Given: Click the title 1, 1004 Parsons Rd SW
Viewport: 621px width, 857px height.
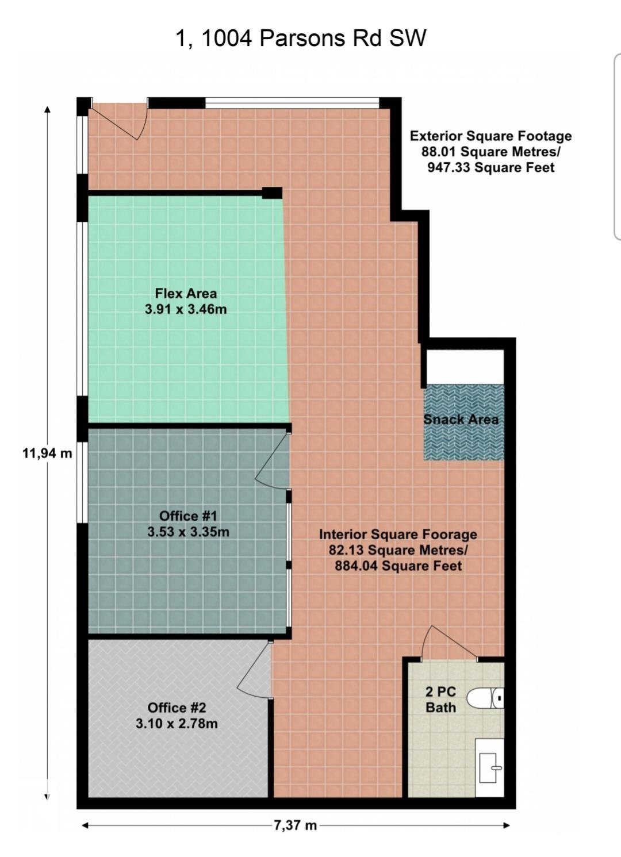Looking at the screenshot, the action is click(x=301, y=39).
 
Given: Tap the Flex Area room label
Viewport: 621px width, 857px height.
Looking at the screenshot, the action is click(x=186, y=294).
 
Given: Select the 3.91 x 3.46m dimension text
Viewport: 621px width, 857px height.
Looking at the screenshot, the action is click(x=186, y=309).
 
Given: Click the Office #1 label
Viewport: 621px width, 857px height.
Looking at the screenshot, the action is click(x=188, y=516).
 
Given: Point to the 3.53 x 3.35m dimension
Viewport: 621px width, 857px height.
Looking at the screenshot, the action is click(x=188, y=532).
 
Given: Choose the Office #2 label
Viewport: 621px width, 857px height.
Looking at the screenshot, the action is click(x=177, y=708).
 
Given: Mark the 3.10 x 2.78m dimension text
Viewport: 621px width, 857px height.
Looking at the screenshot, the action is click(x=177, y=724).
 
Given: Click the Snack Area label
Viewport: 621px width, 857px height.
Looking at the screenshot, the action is click(x=461, y=420).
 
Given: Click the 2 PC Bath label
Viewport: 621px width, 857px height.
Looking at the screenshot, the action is click(x=441, y=700).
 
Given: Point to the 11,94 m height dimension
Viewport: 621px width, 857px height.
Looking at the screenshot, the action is click(x=48, y=454).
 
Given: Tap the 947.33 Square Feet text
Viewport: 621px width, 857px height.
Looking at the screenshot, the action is click(x=491, y=168).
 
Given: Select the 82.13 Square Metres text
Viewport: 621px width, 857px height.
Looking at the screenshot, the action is click(x=398, y=550).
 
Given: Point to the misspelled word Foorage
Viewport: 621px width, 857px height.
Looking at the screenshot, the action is click(x=451, y=535).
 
